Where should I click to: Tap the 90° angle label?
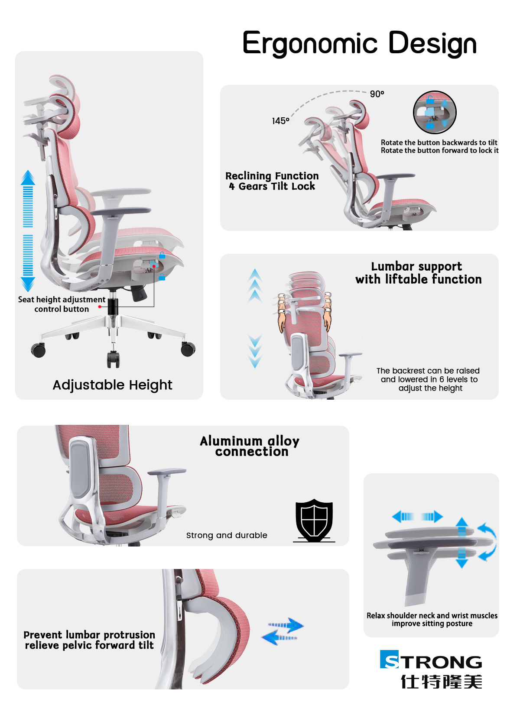[377, 94]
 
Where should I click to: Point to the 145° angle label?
[280, 121]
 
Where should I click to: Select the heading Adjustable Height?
[112, 385]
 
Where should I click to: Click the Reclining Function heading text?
[272, 176]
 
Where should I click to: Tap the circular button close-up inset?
[434, 112]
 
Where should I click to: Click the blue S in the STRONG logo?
[389, 659]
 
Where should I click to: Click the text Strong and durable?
[227, 535]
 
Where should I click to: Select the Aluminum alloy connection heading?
[250, 446]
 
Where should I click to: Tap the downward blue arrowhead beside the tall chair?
[28, 284]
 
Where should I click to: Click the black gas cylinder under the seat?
[113, 306]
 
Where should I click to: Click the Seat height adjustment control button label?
[62, 304]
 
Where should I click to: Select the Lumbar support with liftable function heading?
[418, 273]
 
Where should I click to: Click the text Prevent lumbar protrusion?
[89, 635]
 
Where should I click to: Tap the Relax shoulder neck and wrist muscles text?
[432, 615]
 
